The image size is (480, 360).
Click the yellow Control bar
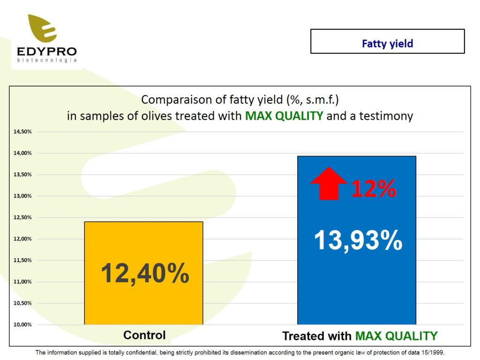pyautogui.click(x=143, y=273)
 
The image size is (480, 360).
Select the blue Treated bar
pyautogui.click(x=357, y=240)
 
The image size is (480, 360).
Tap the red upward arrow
pyautogui.click(x=329, y=184)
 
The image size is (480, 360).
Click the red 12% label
pyautogui.click(x=374, y=188)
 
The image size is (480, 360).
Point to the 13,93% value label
pyautogui.click(x=358, y=240)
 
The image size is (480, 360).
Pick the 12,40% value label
pyautogui.click(x=145, y=273)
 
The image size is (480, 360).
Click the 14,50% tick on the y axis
pyautogui.click(x=22, y=132)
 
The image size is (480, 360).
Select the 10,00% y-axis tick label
pyautogui.click(x=22, y=324)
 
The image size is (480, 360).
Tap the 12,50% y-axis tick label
pyautogui.click(x=22, y=217)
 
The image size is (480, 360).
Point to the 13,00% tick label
pyautogui.click(x=22, y=196)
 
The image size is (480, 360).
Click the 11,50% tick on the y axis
pyautogui.click(x=22, y=260)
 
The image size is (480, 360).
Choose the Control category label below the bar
pyautogui.click(x=144, y=335)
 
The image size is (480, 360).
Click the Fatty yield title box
pyautogui.click(x=388, y=41)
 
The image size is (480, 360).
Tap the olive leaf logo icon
pyautogui.click(x=43, y=28)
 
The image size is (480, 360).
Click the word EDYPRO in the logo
pyautogui.click(x=47, y=51)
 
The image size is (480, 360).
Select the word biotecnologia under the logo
pyautogui.click(x=47, y=60)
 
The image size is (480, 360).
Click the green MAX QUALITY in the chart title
pyautogui.click(x=284, y=116)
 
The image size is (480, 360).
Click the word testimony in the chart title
pyautogui.click(x=386, y=117)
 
